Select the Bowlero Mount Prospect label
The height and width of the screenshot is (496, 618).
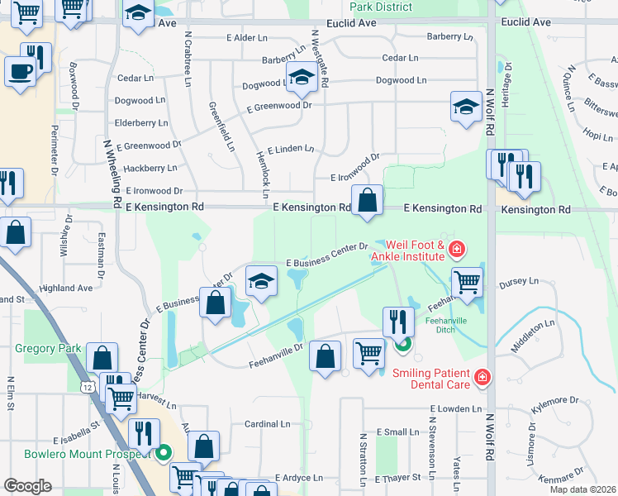(x=75, y=454)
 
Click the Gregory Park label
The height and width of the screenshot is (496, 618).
(x=48, y=348)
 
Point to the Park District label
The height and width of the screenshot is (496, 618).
(x=380, y=7)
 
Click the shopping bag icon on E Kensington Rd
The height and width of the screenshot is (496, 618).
(x=367, y=201)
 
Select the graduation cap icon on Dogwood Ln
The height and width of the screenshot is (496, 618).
(x=302, y=80)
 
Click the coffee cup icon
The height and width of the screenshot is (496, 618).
(x=20, y=70)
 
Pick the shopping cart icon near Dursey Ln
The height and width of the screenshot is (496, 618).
(x=468, y=282)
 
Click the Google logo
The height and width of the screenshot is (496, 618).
(x=27, y=486)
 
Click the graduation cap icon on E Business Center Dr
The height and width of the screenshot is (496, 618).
(x=261, y=284)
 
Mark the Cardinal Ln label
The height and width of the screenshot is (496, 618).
(x=268, y=423)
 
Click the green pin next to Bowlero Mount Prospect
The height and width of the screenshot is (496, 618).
(x=163, y=453)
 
